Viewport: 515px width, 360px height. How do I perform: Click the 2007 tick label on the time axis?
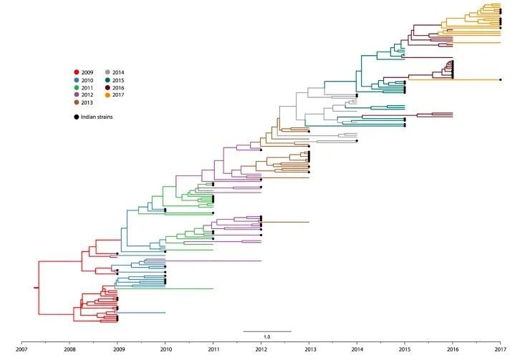click(x=21, y=351)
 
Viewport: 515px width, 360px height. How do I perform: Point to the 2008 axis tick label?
click(x=69, y=351)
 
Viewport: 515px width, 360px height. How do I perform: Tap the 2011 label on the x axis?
click(x=213, y=351)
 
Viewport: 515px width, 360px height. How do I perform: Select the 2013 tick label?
click(x=309, y=351)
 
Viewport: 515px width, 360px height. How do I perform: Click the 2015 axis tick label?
click(x=405, y=351)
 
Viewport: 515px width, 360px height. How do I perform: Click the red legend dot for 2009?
click(x=77, y=72)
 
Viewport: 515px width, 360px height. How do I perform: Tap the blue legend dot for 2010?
click(x=77, y=80)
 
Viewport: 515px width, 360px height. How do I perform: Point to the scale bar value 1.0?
click(x=266, y=336)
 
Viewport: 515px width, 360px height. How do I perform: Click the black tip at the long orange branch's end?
click(x=501, y=79)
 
